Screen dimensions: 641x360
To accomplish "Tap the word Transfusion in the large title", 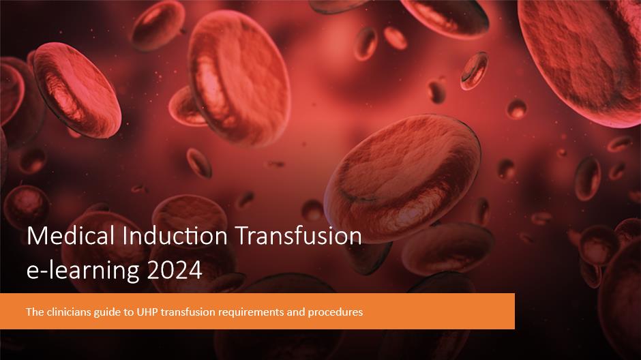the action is coord(299,236).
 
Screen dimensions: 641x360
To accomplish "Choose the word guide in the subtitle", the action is coord(104,312).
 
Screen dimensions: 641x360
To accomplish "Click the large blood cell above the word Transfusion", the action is coord(402,179).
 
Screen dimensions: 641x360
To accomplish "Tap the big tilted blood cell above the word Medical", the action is coord(76,90).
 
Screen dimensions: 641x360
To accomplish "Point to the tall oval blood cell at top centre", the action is coord(239,78).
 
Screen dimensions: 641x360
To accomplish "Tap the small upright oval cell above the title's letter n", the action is coord(199,163).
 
